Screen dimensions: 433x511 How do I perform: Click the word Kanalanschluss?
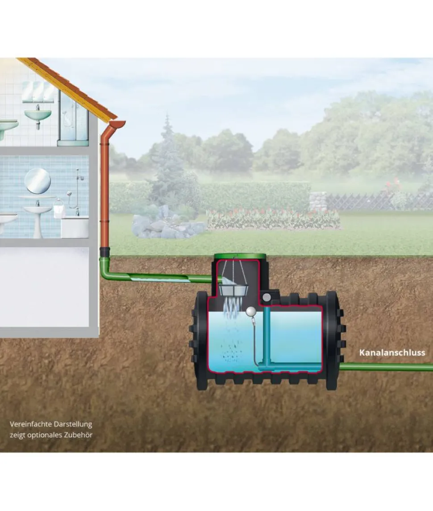pos(392,353)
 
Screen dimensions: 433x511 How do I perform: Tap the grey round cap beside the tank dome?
pos(266,297)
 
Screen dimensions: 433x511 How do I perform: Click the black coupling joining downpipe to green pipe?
pos(104,252)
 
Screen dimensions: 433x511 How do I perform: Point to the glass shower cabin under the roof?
pos(73,117)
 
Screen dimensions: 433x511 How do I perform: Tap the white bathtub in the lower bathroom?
pos(75,228)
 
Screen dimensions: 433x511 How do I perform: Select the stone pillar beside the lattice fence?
pos(317,201)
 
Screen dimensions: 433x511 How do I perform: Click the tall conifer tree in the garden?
pos(168,163)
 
